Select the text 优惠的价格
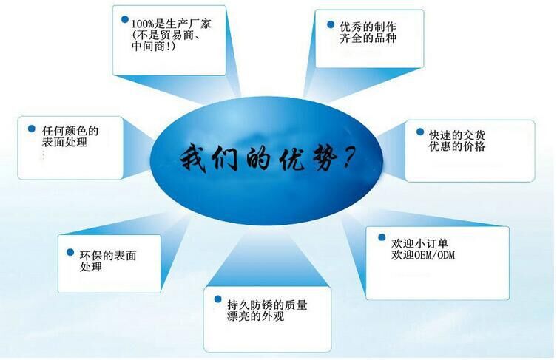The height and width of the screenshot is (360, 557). (x=456, y=146)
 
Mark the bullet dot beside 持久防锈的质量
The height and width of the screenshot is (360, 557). (x=210, y=299)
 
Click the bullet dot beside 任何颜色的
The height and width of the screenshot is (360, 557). (x=32, y=129)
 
